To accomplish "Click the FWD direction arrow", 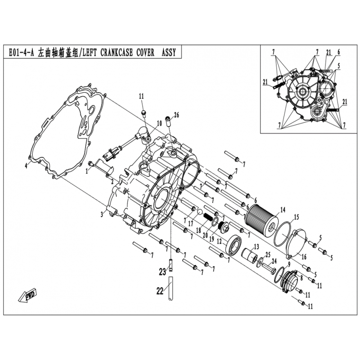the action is coord(27,296).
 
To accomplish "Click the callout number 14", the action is coord(283,209).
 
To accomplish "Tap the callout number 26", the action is coord(176,115).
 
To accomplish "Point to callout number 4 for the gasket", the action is coord(26,165).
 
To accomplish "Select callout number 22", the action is coord(160,291).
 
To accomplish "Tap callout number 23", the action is coord(162,272).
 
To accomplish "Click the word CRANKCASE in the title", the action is coord(117,53).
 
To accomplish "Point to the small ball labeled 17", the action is coord(200,211).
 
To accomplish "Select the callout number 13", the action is coord(256,247).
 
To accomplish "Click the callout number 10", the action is coord(159,123).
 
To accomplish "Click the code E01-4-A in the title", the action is coord(21,53).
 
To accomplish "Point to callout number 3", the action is coord(102,215).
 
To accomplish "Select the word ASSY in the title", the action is coord(168,53).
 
